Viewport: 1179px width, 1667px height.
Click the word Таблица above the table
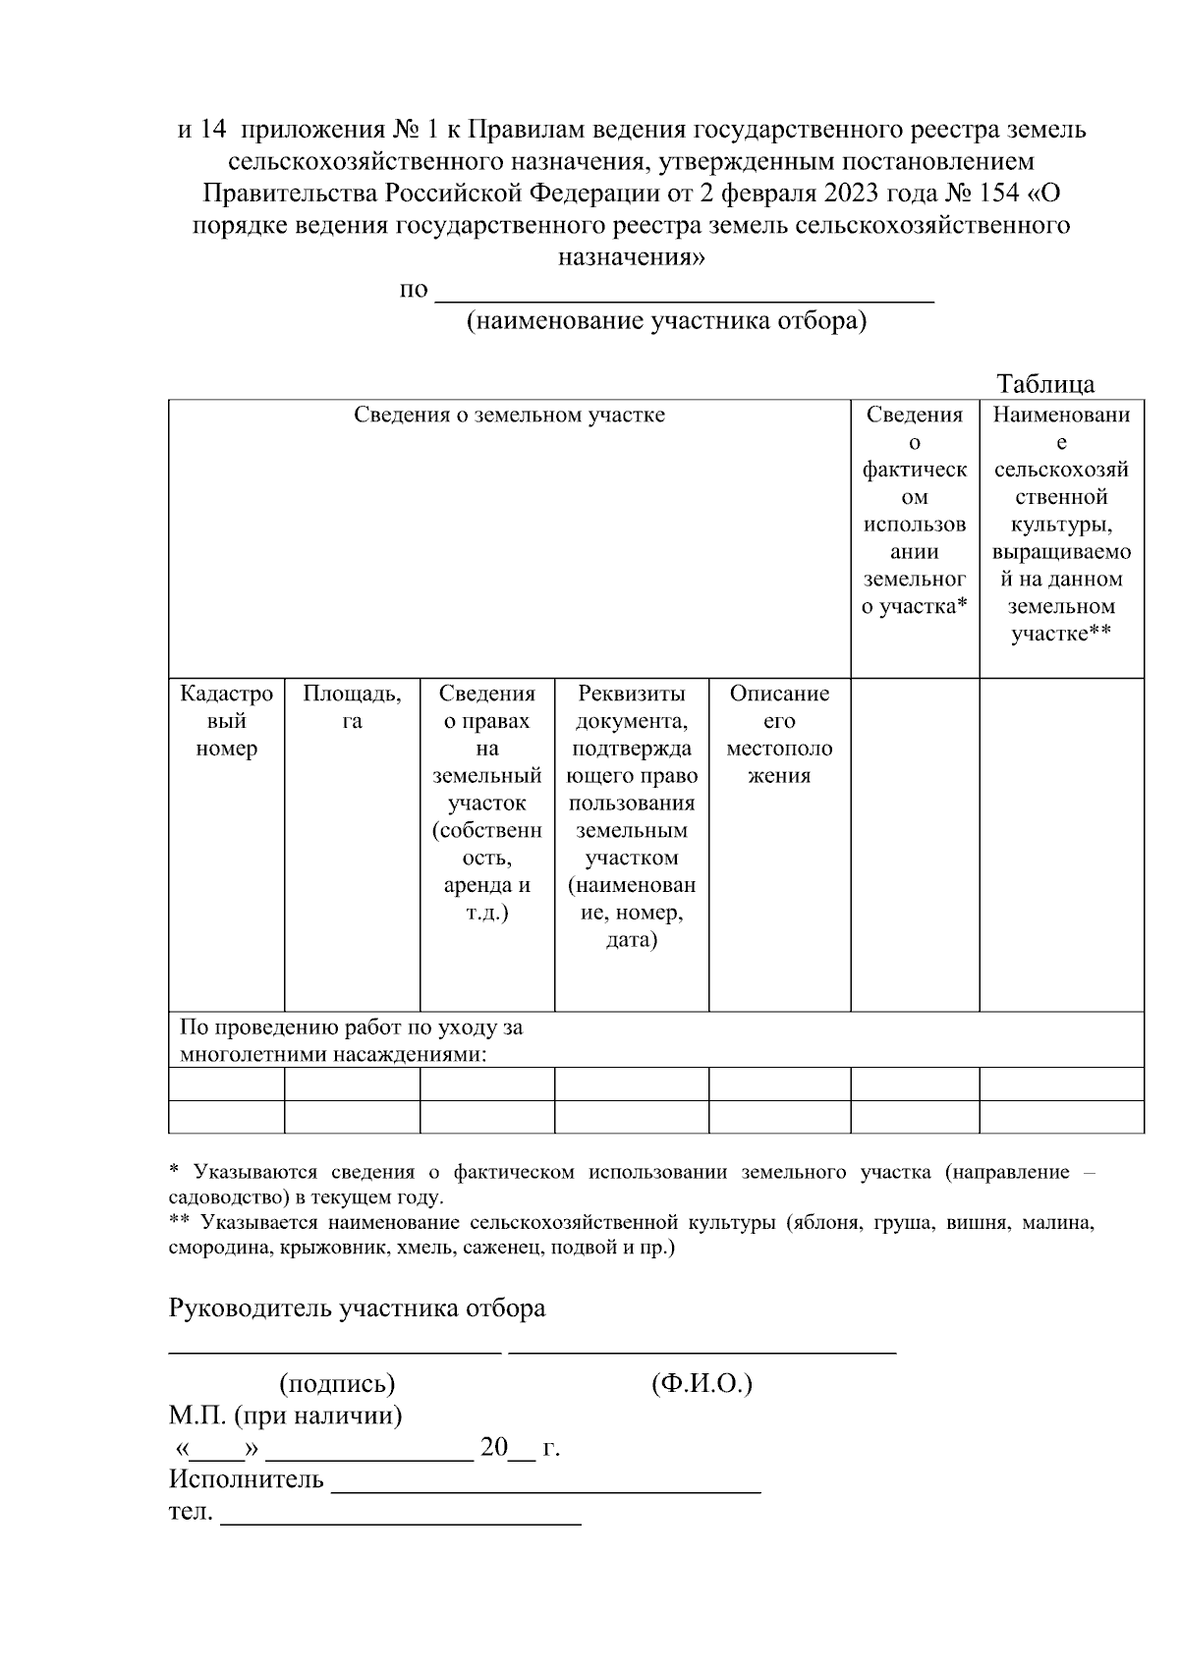pyautogui.click(x=1045, y=384)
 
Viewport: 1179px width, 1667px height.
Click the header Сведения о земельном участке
pyautogui.click(x=509, y=416)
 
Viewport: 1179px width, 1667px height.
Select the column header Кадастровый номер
pyautogui.click(x=226, y=721)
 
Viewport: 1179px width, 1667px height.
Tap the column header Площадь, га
pyautogui.click(x=352, y=707)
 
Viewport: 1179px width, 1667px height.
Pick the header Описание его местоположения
pyautogui.click(x=779, y=734)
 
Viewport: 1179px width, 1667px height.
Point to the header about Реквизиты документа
pyautogui.click(x=632, y=815)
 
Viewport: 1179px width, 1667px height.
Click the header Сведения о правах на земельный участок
pyautogui.click(x=487, y=802)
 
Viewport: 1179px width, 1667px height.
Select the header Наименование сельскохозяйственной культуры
pyautogui.click(x=1061, y=525)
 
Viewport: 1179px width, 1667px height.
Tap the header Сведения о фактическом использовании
pyautogui.click(x=915, y=511)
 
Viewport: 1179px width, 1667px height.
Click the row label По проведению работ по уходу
pyautogui.click(x=351, y=1041)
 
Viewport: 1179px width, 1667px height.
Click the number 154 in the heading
pyautogui.click(x=1001, y=194)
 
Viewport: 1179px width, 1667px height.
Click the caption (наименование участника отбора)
pyautogui.click(x=666, y=322)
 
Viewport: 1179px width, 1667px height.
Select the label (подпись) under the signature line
pyautogui.click(x=337, y=1384)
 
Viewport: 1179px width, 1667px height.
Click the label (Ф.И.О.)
pyautogui.click(x=702, y=1384)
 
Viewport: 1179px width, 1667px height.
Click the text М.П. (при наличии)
pyautogui.click(x=285, y=1417)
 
